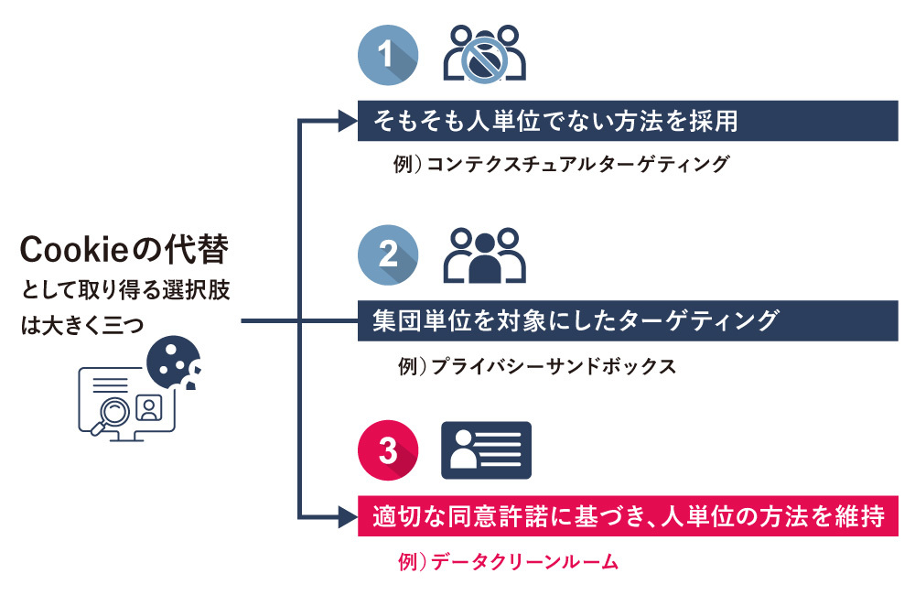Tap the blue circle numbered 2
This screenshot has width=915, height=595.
click(388, 254)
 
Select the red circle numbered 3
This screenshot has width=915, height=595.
click(388, 451)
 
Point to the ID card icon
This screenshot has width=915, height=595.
click(486, 450)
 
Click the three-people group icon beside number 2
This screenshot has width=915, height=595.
click(485, 255)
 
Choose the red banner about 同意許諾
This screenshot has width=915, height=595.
click(627, 517)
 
